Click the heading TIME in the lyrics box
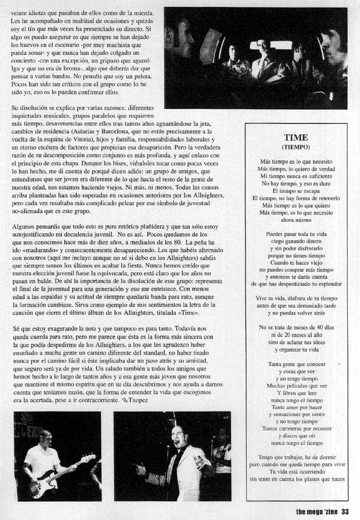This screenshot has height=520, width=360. (x=296, y=137)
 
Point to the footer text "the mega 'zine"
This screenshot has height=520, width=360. (x=316, y=511)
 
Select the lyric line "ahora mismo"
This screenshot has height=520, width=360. (x=296, y=221)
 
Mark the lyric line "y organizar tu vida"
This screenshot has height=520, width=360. (x=296, y=350)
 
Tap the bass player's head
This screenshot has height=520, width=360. (x=45, y=437)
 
